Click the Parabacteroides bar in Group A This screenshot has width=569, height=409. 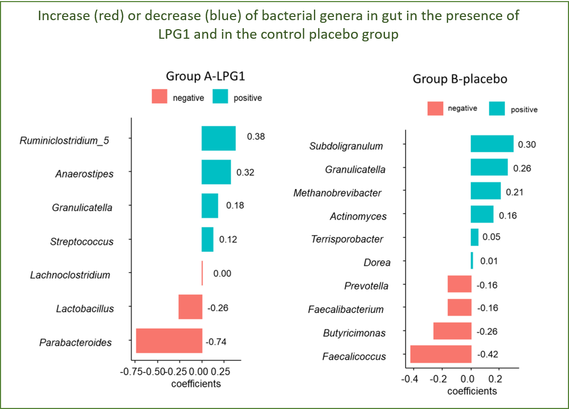tap(169, 341)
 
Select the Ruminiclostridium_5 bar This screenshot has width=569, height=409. tap(218, 138)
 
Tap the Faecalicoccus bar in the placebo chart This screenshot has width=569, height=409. tap(441, 354)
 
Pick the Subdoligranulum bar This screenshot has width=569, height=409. tap(492, 144)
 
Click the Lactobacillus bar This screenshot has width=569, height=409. tap(190, 307)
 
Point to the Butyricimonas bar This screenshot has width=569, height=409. tap(452, 331)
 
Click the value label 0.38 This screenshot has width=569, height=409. tap(256, 136)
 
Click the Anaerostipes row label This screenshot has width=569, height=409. tap(84, 173)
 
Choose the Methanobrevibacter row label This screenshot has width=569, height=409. tap(337, 193)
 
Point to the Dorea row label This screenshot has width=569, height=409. tap(377, 263)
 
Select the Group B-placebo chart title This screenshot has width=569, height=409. tap(460, 79)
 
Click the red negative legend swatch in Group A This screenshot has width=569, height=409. tap(160, 97)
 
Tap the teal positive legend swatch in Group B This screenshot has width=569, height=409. tap(497, 109)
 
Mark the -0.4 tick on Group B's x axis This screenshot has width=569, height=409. tap(410, 380)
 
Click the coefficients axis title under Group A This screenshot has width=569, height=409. tap(196, 383)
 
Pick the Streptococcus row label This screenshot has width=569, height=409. tap(82, 241)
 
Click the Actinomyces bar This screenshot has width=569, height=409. tap(482, 214)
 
